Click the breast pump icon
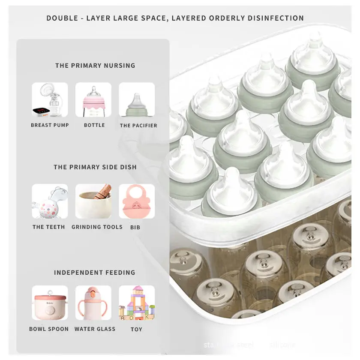(x=50, y=100)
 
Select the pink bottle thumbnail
(x=93, y=100)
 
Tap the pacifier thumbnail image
(x=137, y=100)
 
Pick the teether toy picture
(x=50, y=201)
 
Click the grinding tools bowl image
(x=93, y=201)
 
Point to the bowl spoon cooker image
(x=50, y=303)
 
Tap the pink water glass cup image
(x=93, y=303)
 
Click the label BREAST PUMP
(x=50, y=125)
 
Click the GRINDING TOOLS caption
(x=97, y=227)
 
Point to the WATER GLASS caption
(x=95, y=329)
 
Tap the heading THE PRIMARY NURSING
(x=95, y=66)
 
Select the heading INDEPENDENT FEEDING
(x=95, y=273)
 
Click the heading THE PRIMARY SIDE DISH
(x=95, y=167)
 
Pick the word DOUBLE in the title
(x=62, y=18)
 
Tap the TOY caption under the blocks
(x=136, y=329)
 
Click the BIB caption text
(x=135, y=227)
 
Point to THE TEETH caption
(x=49, y=227)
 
